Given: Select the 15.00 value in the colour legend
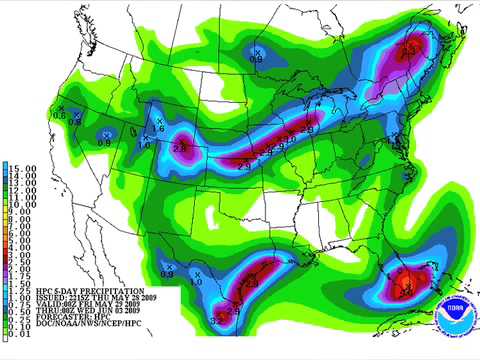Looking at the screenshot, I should (x=22, y=165).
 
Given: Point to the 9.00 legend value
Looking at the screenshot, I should (x=22, y=212).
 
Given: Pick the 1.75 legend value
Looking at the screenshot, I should (x=22, y=276).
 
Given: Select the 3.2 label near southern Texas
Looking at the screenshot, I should (x=216, y=319).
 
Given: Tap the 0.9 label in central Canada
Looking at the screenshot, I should (x=256, y=59).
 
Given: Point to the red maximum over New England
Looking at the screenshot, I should (x=408, y=49).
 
